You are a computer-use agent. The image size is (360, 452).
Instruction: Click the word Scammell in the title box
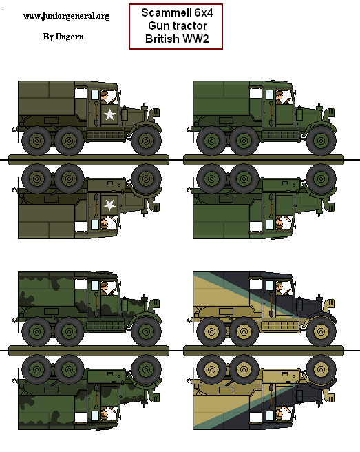pyautogui.click(x=163, y=13)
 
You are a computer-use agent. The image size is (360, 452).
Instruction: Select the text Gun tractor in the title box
pyautogui.click(x=176, y=26)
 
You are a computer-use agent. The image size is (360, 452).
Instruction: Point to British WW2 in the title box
pyautogui.click(x=176, y=39)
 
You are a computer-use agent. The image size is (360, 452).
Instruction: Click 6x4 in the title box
pyautogui.click(x=200, y=13)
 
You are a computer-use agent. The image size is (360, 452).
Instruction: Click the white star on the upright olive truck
pyautogui.click(x=109, y=114)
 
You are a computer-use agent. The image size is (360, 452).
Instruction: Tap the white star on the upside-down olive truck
pyautogui.click(x=109, y=205)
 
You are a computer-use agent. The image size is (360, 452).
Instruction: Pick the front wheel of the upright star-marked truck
pyautogui.click(x=145, y=143)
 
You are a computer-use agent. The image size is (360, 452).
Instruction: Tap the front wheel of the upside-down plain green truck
pyautogui.click(x=319, y=177)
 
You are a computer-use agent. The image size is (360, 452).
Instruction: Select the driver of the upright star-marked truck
pyautogui.click(x=104, y=96)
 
